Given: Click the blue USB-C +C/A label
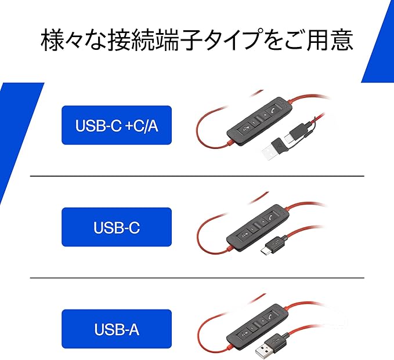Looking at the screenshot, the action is [x=117, y=125].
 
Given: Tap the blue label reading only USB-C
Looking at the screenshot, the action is [x=117, y=227].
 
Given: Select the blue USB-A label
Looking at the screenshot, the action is [x=117, y=329].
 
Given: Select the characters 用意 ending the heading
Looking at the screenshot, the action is [x=332, y=41].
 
